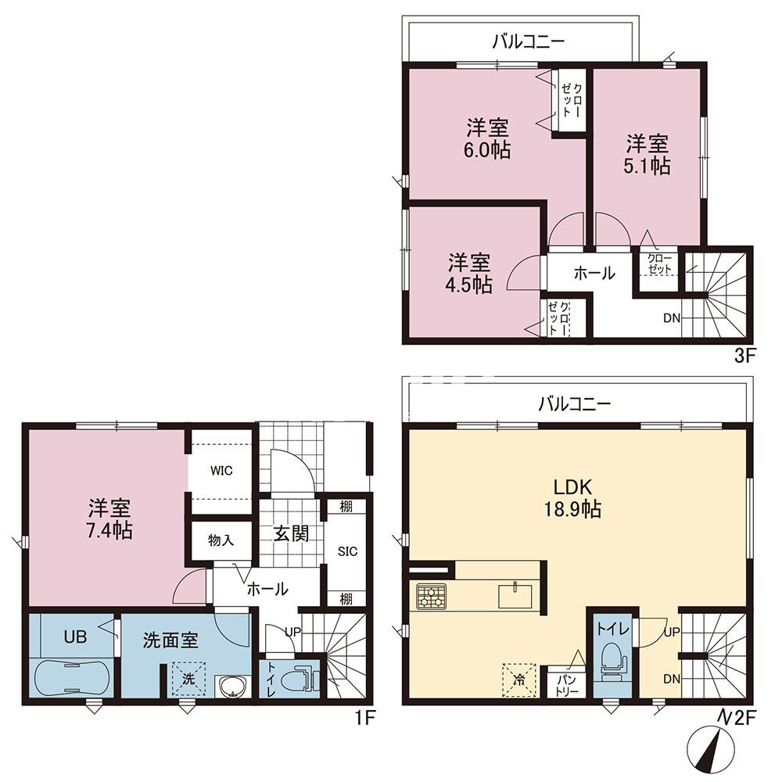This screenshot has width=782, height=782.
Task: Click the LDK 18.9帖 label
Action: click(572, 497)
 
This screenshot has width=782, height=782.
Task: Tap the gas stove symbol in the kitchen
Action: click(431, 596)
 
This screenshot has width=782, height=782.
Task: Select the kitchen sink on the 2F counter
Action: click(515, 596)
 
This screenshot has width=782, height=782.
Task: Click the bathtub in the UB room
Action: click(73, 678)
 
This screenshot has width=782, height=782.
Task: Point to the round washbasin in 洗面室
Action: click(231, 687)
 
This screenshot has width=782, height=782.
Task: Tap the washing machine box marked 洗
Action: click(188, 678)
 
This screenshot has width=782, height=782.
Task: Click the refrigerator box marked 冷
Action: click(519, 680)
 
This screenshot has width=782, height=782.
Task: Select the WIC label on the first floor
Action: click(221, 470)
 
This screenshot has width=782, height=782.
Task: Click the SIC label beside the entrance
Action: click(348, 551)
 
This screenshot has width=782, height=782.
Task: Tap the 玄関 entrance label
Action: click(291, 533)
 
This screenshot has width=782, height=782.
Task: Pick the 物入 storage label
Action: click(221, 540)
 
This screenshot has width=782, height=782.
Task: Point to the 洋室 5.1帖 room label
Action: click(647, 155)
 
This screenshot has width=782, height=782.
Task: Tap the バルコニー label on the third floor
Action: click(529, 41)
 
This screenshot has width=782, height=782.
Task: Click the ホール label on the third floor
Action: click(594, 273)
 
